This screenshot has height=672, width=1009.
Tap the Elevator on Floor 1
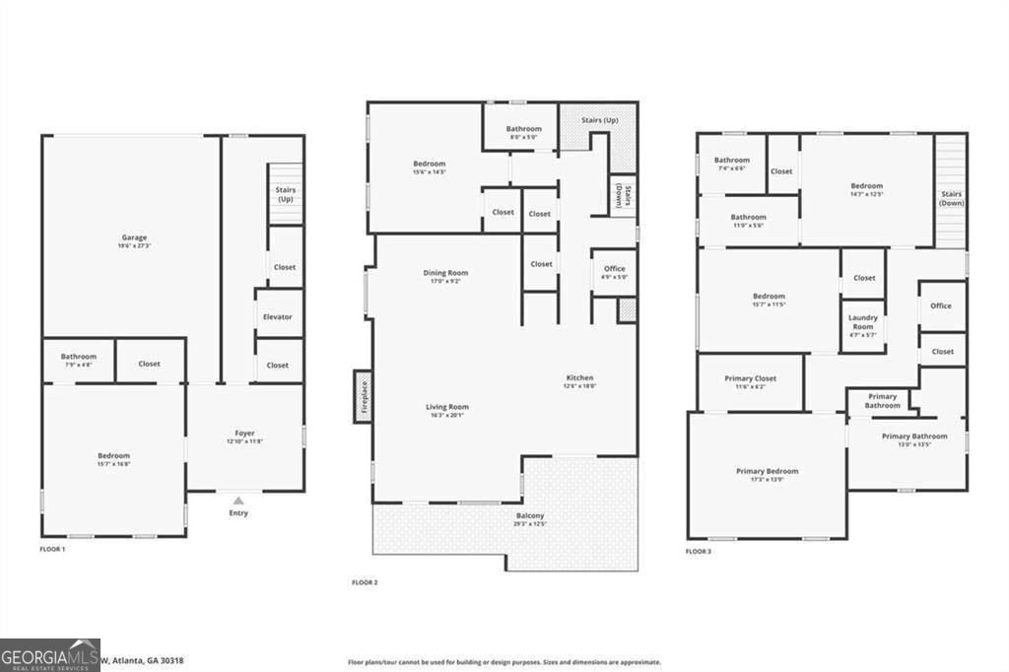(279, 317)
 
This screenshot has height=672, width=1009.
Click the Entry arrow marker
(238, 501)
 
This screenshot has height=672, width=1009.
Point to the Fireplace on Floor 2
(363, 396)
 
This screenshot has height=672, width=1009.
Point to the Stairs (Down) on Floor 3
(951, 197)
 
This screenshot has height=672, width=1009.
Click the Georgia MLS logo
(49, 654)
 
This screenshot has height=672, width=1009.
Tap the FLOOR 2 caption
(365, 582)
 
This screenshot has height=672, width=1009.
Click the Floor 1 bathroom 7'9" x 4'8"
(78, 360)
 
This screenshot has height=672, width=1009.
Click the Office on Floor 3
(941, 305)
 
